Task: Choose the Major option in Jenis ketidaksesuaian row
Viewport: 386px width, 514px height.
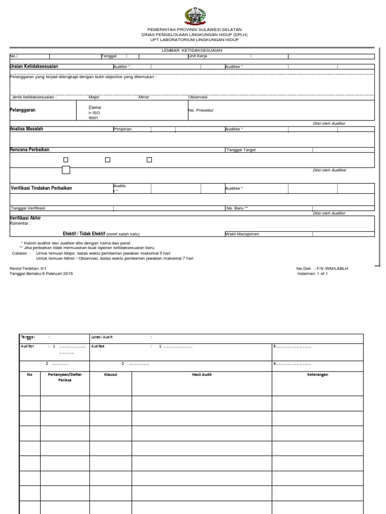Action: point(94,97)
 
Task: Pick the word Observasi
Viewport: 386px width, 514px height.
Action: point(198,97)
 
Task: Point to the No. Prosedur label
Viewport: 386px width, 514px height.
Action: point(201,110)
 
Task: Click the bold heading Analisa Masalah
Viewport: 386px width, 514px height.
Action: point(27,129)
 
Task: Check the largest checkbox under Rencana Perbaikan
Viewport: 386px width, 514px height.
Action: point(66,170)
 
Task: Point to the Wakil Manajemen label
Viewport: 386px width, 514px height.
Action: point(243,234)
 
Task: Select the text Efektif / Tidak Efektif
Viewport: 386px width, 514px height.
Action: point(83,234)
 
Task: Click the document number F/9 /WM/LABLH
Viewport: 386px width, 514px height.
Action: point(331,269)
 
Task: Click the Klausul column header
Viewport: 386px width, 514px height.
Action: point(110,374)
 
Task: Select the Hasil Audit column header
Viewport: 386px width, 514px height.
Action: point(202,374)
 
